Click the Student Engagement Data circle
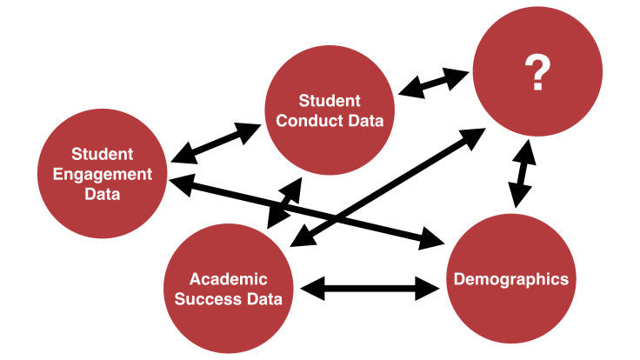[103, 174]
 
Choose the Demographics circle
[511, 279]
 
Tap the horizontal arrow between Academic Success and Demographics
[369, 288]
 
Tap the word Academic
[229, 280]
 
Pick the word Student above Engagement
[103, 155]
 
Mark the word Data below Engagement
[103, 193]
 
